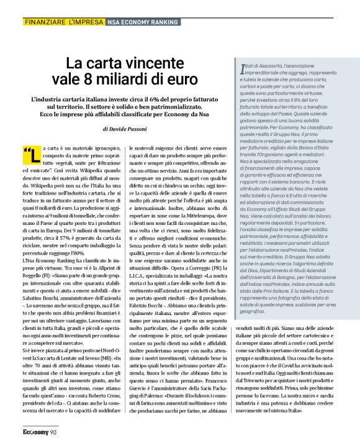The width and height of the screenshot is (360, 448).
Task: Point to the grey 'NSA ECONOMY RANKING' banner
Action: click(x=142, y=22)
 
